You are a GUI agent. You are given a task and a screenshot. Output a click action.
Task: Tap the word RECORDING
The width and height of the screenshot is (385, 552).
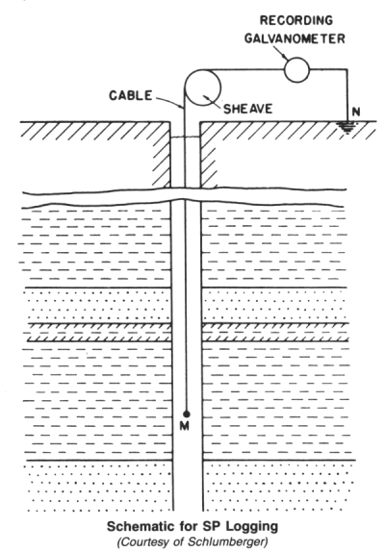pos(296,20)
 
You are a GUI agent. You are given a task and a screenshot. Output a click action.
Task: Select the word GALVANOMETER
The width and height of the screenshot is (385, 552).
pos(295,38)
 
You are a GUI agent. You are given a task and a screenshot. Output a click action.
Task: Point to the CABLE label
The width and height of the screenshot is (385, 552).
pos(130,95)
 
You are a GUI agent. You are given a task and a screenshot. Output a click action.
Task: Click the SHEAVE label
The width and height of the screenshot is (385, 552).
pos(248,109)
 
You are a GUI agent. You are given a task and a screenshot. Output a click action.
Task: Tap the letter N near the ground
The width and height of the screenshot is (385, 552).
pos(356,112)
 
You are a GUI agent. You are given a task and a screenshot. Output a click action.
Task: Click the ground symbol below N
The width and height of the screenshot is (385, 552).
pos(346,127)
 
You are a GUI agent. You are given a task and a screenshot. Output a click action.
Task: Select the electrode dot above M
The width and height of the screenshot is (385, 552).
pos(187,414)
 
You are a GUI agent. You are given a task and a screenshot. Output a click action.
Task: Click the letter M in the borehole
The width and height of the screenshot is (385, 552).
pos(185,426)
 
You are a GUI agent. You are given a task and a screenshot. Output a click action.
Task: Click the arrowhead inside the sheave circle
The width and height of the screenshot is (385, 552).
pos(204,96)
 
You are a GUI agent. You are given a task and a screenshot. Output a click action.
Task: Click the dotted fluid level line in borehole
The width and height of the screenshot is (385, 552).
pos(185,138)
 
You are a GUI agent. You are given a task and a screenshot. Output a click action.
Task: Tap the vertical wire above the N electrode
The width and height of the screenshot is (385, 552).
pos(346,95)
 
